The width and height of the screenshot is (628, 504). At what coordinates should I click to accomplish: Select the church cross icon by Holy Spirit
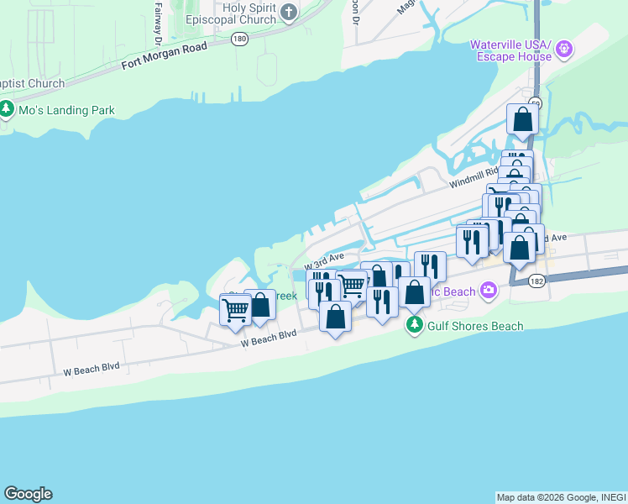coord(289,11)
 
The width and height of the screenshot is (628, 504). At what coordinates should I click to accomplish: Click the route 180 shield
coord(240,39)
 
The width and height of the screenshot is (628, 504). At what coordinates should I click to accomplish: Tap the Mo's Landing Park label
coord(67,110)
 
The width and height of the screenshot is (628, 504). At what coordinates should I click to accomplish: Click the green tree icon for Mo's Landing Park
coord(7,109)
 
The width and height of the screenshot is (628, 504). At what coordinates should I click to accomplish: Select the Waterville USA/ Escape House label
coord(510,50)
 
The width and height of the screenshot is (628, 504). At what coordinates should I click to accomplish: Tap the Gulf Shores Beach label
coord(475,326)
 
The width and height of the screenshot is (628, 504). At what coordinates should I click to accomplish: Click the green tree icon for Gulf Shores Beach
coord(414,324)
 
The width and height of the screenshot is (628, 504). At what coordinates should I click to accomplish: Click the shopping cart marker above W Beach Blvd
coord(235,309)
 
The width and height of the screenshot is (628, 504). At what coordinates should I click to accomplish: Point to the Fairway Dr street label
coord(158,23)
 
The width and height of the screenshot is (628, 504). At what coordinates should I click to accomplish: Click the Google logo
coord(28,494)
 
